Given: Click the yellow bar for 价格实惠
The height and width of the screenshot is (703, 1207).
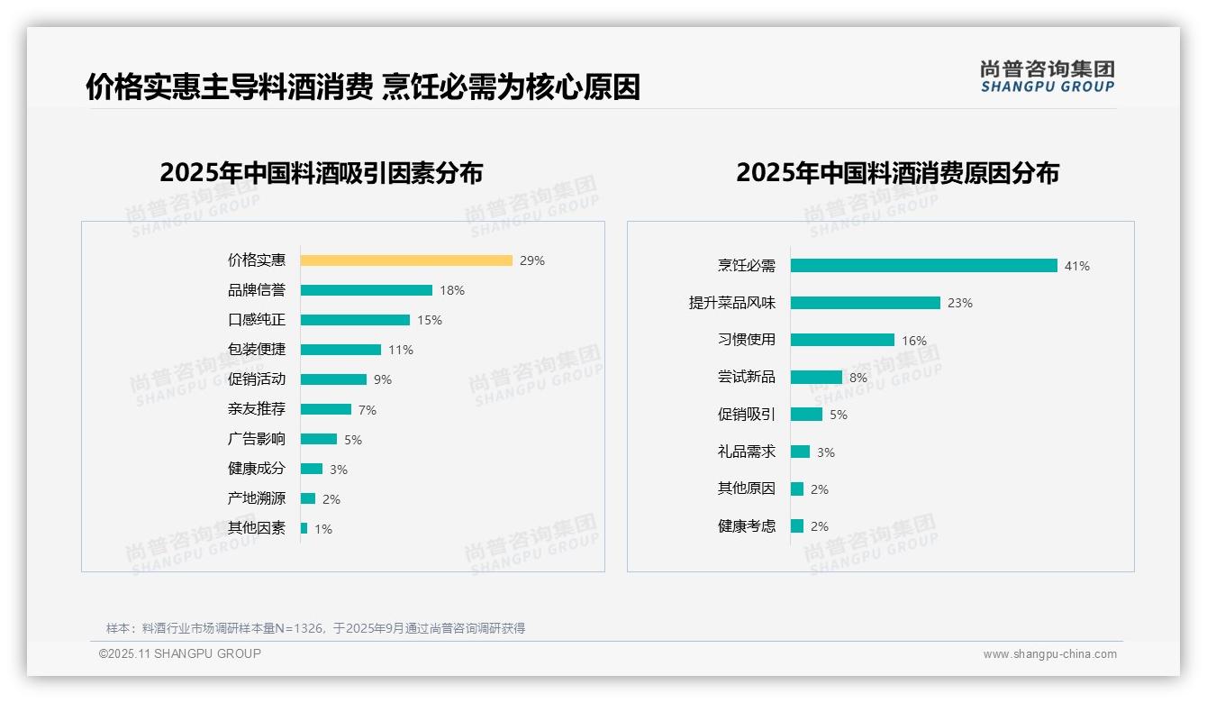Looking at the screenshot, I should (406, 260).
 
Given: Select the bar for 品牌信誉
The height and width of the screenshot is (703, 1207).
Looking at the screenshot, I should (367, 290).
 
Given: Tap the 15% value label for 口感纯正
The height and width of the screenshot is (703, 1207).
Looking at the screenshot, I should (430, 320).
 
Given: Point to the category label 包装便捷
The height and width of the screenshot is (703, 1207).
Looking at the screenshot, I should (257, 350).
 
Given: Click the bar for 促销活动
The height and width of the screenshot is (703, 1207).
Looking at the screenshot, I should (333, 379).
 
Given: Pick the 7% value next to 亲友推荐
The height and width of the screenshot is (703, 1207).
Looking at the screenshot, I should (368, 410).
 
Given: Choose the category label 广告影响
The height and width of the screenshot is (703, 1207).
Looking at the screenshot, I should (257, 439).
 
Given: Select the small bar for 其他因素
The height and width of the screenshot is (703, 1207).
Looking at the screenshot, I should (304, 528).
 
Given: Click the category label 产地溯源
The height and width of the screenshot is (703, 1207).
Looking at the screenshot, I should (257, 498).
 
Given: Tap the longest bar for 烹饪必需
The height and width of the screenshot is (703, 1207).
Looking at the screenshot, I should (924, 266).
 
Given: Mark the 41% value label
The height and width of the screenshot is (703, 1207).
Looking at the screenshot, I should (1077, 266).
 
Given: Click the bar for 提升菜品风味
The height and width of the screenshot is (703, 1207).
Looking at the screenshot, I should (866, 303).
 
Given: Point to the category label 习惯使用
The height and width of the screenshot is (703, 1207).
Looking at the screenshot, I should (747, 340).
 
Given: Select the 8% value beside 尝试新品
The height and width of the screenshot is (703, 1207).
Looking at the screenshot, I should (858, 378).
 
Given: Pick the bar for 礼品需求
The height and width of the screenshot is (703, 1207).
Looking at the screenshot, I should (801, 452).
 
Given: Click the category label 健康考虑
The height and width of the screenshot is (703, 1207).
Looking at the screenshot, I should (747, 526).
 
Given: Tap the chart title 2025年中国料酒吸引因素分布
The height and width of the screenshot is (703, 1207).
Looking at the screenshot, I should (322, 172).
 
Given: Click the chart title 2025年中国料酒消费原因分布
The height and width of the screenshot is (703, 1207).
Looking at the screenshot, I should (897, 172).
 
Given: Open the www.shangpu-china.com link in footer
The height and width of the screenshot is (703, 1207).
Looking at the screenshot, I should (1049, 654).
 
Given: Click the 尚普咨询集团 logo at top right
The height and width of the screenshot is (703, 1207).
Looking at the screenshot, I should (1048, 77).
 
